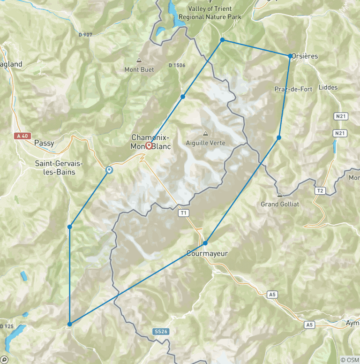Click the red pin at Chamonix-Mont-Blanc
(x=149, y=145)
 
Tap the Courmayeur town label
(x=207, y=254)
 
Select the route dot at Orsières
(x=291, y=56)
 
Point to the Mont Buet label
(x=139, y=70)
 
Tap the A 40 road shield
(x=22, y=136)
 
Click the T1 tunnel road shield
(x=184, y=213)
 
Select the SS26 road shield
(x=160, y=332)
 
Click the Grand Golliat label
(x=280, y=204)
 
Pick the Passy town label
(x=45, y=143)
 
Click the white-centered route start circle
(x=109, y=170)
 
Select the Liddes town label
(x=328, y=87)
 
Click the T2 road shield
(x=320, y=191)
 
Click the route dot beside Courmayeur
(x=205, y=243)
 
